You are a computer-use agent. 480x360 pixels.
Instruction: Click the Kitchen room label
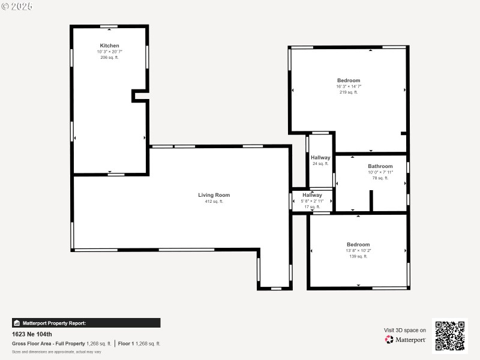109,46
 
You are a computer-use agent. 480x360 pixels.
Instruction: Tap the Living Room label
214,195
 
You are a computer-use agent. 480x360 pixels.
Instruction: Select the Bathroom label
380,166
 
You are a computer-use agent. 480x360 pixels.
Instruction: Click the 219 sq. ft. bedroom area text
349,92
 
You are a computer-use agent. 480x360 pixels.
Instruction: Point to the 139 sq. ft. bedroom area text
358,256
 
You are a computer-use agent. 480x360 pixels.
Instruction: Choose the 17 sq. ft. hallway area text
312,207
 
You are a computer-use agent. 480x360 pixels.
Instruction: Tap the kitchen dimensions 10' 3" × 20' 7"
109,52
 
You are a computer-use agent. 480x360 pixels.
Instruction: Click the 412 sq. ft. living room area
214,202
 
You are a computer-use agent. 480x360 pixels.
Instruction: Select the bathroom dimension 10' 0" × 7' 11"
380,172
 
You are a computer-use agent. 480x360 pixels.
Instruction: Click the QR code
449,335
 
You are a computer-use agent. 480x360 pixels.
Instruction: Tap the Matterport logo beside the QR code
406,340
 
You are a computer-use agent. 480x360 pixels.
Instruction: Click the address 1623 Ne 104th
32,334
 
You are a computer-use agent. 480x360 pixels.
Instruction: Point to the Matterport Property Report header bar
86,323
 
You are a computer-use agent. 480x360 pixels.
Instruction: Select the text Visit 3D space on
405,330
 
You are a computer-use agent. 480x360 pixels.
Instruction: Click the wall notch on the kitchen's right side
140,96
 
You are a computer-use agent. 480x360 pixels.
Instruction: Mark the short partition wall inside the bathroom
371,201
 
